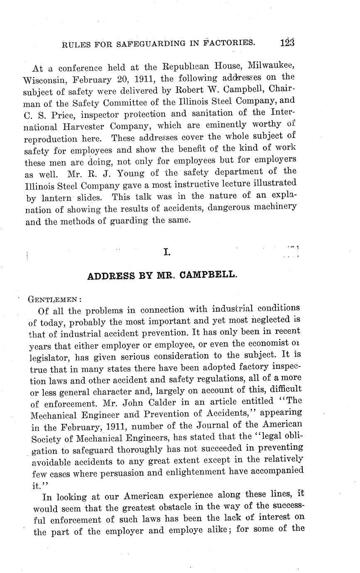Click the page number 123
pyautogui.click(x=287, y=42)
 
